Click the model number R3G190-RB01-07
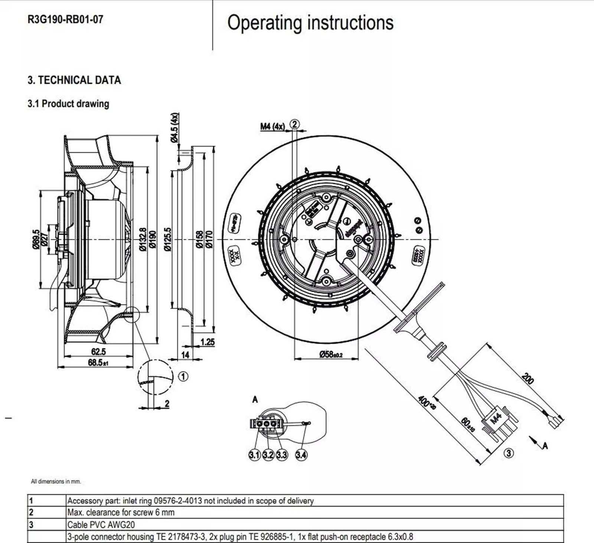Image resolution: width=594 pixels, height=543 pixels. pos(65,19)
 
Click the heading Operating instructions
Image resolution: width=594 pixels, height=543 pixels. pos(310,23)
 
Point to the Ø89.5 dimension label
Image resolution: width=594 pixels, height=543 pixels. pos(36,239)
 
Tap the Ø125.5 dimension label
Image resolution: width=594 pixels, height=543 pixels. pos(168,239)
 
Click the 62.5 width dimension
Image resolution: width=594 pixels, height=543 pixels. pos(98,351)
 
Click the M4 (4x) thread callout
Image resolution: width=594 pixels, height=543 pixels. pos(272,127)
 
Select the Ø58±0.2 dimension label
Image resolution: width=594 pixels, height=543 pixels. pos(331,354)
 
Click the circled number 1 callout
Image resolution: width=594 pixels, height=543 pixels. pos(183,376)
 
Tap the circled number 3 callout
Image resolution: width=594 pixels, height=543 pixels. pos(509,453)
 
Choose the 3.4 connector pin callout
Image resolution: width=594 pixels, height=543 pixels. pos(301,455)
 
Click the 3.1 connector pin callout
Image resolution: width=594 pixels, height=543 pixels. pos(254,455)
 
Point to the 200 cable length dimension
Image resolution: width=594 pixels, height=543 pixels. pos(527,379)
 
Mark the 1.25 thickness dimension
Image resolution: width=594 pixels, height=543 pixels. pos(208,342)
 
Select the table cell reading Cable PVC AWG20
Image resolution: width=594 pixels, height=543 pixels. pos(101,525)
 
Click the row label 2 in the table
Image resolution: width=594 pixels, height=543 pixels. pos(31,513)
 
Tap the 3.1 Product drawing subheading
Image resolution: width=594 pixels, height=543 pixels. pos(68,104)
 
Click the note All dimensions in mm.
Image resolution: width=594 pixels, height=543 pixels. pos(56,481)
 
